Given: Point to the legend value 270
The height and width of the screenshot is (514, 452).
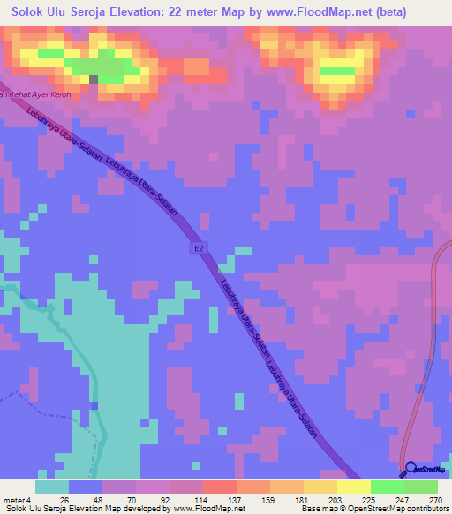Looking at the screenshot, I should point(434,499).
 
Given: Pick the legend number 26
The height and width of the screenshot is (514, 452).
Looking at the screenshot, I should point(64,499).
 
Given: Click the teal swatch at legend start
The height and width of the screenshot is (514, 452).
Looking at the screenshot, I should point(52,487).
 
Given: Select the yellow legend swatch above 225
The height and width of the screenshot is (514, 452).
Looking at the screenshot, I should point(352,487).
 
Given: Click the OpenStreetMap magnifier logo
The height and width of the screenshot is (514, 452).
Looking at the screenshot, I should point(411,470).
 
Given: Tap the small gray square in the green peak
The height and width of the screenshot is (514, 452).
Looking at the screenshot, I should point(94,78).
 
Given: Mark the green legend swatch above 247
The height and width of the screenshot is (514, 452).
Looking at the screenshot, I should point(387,487).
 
